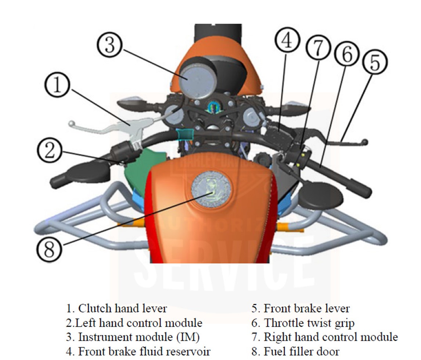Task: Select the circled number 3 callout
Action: (109, 44)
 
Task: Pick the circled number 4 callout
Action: (287, 40)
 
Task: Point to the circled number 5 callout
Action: (375, 62)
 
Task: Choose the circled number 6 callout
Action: (347, 54)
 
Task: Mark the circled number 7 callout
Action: (318, 48)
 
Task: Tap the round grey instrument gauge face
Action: (198, 81)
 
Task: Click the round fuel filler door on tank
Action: (211, 189)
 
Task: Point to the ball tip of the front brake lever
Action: (365, 142)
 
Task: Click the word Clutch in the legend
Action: (95, 308)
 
